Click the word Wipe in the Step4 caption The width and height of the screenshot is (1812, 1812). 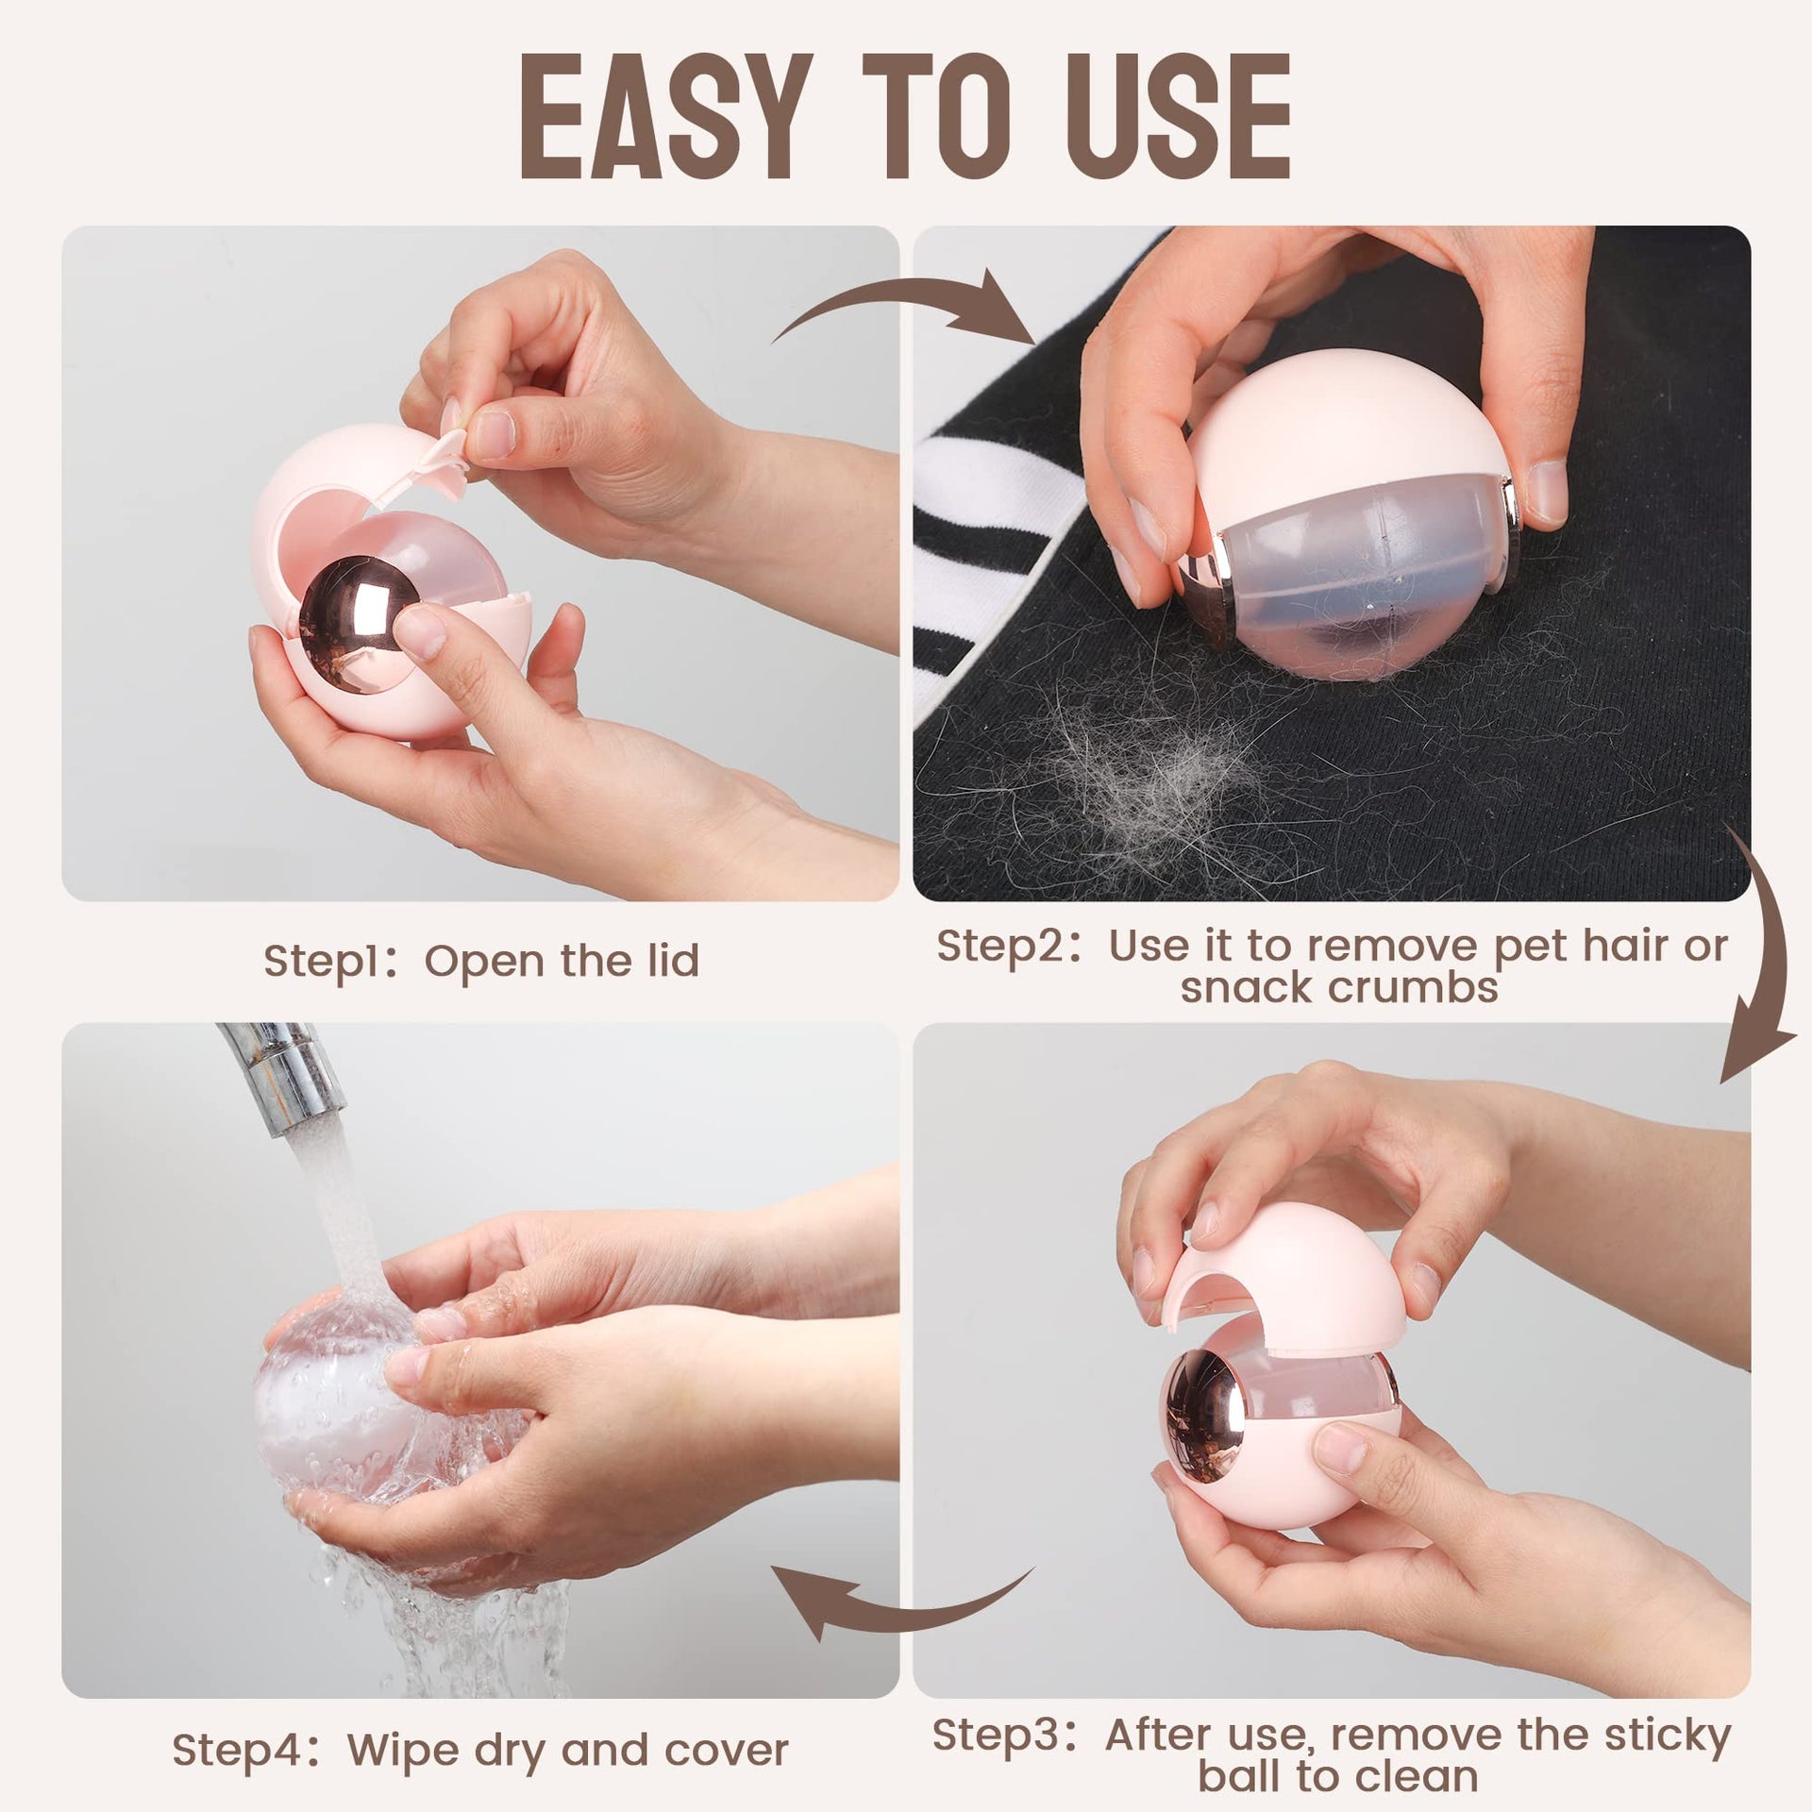396,1724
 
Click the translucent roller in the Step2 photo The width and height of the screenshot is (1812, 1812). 1359,585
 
